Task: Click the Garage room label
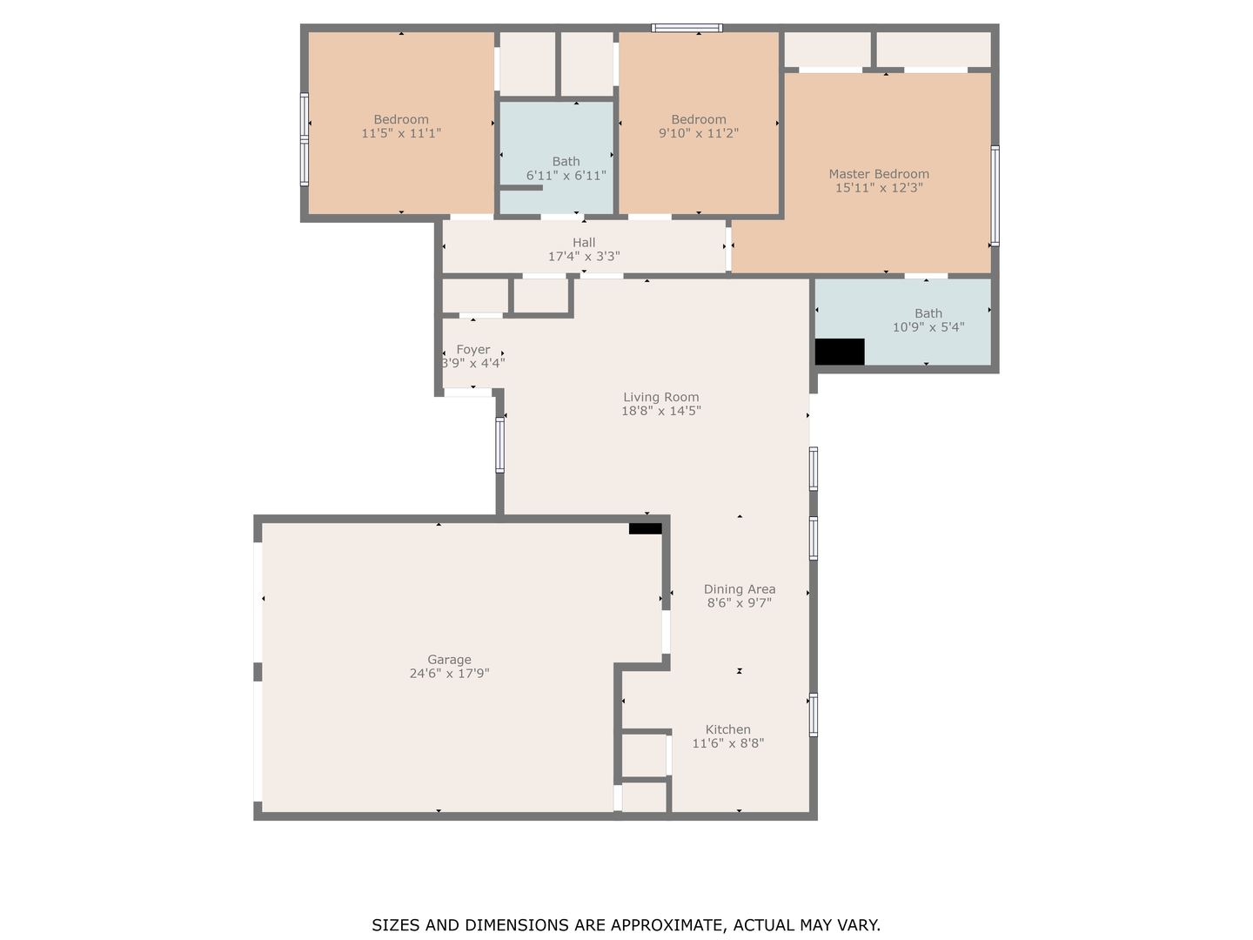click(449, 660)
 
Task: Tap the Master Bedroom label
click(879, 174)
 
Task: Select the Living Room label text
click(661, 397)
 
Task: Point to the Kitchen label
click(727, 729)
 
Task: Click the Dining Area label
click(740, 589)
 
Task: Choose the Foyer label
click(473, 350)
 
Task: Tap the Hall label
click(584, 243)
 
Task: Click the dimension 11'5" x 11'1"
click(401, 133)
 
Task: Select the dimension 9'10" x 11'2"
click(699, 133)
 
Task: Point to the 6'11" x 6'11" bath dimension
click(566, 176)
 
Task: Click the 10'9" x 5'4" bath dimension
click(928, 327)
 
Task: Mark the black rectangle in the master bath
click(839, 352)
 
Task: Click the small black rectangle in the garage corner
click(645, 528)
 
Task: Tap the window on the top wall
click(687, 28)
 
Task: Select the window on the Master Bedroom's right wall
click(995, 196)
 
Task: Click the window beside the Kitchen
click(814, 715)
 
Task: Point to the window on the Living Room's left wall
click(499, 445)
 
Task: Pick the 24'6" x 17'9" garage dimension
click(449, 674)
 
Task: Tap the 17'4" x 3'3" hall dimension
click(584, 257)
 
